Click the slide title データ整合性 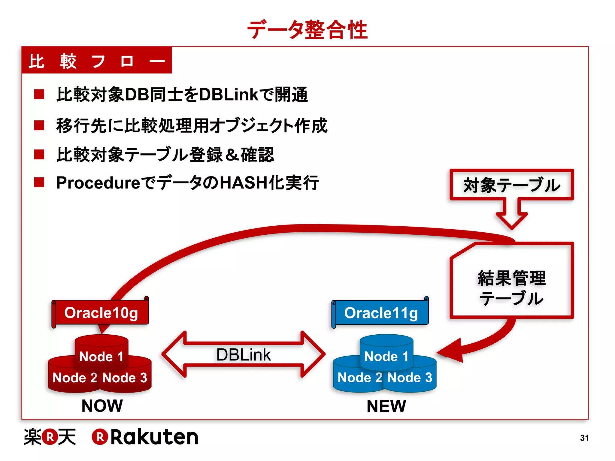pyautogui.click(x=307, y=30)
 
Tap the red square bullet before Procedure pyautogui.click(x=39, y=182)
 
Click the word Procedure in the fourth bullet pyautogui.click(x=98, y=183)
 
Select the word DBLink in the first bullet pyautogui.click(x=228, y=95)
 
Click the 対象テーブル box pyautogui.click(x=511, y=185)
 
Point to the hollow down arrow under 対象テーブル pyautogui.click(x=512, y=215)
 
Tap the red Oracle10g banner pyautogui.click(x=101, y=313)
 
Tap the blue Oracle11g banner pyautogui.click(x=381, y=313)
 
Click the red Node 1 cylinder pyautogui.click(x=101, y=351)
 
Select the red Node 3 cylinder pyautogui.click(x=126, y=378)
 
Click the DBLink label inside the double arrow pyautogui.click(x=243, y=355)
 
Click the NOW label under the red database pyautogui.click(x=102, y=406)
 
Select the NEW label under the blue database pyautogui.click(x=386, y=406)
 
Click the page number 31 pyautogui.click(x=584, y=438)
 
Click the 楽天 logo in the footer pyautogui.click(x=50, y=437)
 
